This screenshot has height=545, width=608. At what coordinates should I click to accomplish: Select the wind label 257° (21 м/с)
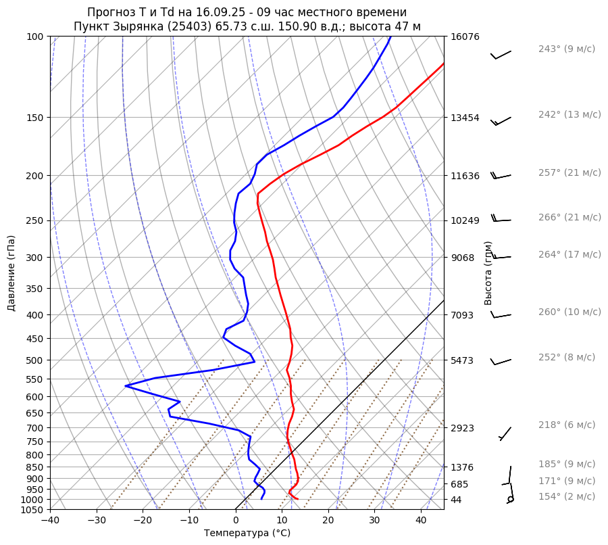[569, 172]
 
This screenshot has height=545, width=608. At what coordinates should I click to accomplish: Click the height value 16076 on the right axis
[465, 37]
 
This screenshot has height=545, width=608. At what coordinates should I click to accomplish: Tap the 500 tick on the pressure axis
[34, 360]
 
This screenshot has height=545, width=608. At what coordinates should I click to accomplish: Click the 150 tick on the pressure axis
[34, 118]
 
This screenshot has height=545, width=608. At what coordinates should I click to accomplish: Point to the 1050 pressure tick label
[32, 510]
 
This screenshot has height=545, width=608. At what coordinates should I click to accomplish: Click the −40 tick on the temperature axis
[50, 521]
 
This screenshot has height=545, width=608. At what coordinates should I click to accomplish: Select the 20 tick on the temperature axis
[328, 521]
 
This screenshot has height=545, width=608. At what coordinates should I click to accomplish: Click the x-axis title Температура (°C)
[247, 534]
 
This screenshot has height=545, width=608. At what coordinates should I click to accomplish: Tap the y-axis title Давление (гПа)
[11, 273]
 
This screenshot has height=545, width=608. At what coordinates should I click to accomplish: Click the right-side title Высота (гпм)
[488, 273]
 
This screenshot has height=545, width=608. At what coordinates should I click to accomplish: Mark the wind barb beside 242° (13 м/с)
[501, 120]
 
